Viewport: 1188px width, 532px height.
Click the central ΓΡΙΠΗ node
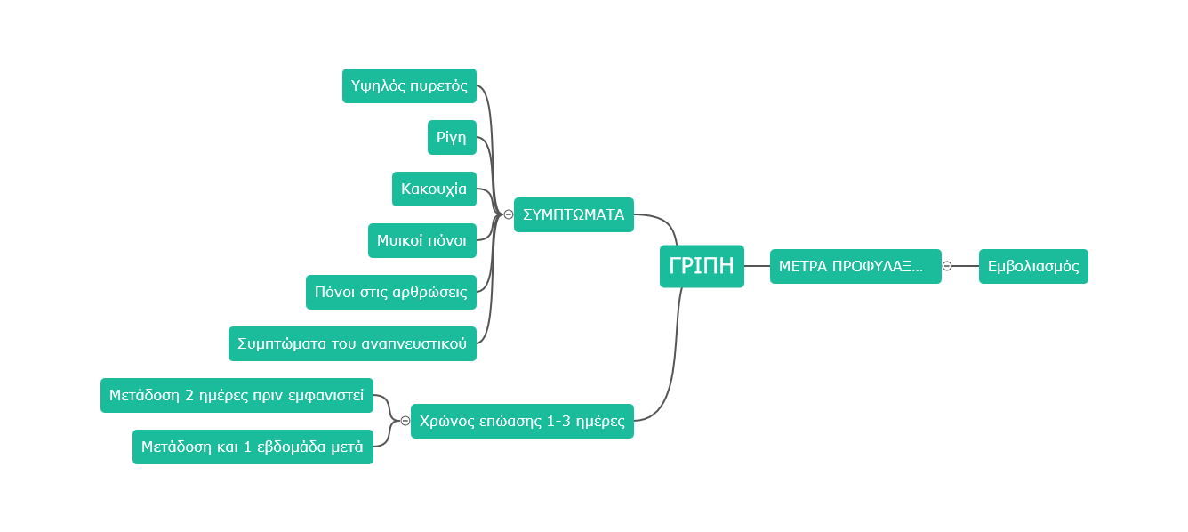coord(702,266)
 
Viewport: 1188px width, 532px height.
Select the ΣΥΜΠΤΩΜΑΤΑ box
coord(574,214)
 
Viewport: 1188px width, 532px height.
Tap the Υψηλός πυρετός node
coord(409,85)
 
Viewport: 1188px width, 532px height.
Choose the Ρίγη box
coord(452,137)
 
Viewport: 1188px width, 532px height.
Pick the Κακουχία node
coord(434,189)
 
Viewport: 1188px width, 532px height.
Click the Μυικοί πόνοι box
coord(422,240)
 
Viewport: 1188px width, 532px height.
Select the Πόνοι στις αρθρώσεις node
coord(391,292)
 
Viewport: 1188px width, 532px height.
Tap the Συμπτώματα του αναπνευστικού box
coord(352,343)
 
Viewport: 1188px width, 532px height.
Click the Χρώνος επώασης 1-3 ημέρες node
coord(522,421)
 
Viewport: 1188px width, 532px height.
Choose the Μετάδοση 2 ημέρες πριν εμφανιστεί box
coord(237,395)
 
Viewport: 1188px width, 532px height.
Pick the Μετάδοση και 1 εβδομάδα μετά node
coord(253,447)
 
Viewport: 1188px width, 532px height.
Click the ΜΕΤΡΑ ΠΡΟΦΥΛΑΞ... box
coord(855,266)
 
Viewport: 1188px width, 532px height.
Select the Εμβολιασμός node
coord(1033,266)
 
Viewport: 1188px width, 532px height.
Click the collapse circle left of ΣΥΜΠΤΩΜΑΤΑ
coord(508,214)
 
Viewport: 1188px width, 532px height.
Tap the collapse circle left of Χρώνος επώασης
coord(405,421)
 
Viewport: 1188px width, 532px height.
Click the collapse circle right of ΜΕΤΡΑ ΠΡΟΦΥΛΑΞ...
coord(947,266)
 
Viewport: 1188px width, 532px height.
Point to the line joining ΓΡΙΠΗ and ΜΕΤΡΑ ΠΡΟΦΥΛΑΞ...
coord(757,266)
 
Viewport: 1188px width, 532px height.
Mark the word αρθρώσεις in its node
coord(429,293)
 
